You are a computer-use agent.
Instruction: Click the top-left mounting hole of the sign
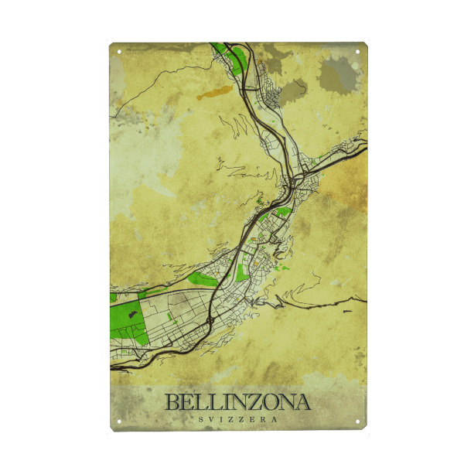tap(120, 53)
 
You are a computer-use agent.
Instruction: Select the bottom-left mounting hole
tap(120, 421)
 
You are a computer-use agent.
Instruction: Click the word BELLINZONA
tap(237, 402)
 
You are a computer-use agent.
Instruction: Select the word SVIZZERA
tap(237, 418)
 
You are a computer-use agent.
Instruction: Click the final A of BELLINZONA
tap(302, 402)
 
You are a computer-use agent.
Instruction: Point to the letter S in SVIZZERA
tap(201, 418)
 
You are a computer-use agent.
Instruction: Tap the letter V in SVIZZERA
tap(211, 418)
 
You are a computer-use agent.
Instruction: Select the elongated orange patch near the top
tap(215, 94)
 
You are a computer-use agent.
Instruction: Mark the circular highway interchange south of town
tap(210, 319)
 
